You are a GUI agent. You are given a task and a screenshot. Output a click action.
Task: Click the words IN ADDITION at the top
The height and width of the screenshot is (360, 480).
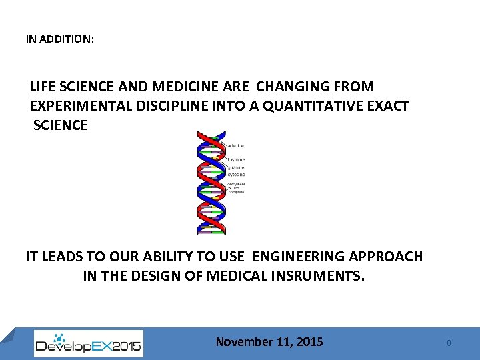pyautogui.click(x=59, y=39)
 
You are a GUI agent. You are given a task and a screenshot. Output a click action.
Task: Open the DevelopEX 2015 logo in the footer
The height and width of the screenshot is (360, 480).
pyautogui.click(x=88, y=343)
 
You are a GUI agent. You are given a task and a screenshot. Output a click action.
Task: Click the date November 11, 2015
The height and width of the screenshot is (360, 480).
pyautogui.click(x=269, y=342)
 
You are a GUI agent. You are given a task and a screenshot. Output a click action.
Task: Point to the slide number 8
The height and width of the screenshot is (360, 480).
pyautogui.click(x=449, y=343)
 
